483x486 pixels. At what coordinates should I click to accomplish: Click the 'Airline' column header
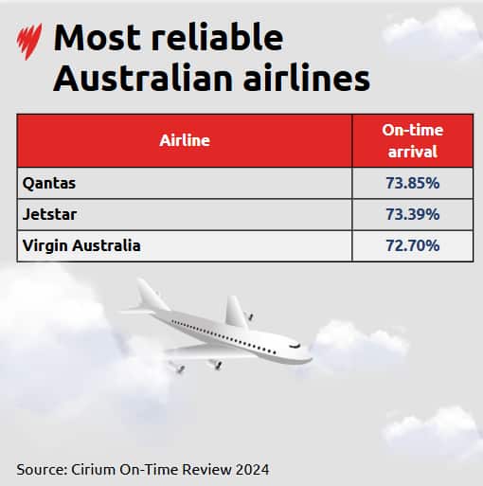pyautogui.click(x=185, y=140)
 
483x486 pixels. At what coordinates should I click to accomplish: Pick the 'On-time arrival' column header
pyautogui.click(x=412, y=140)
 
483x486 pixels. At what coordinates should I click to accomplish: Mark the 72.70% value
pyautogui.click(x=412, y=245)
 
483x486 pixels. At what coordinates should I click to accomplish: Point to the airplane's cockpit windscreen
pyautogui.click(x=294, y=347)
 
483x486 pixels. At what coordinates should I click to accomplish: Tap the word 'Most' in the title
pyautogui.click(x=96, y=38)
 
